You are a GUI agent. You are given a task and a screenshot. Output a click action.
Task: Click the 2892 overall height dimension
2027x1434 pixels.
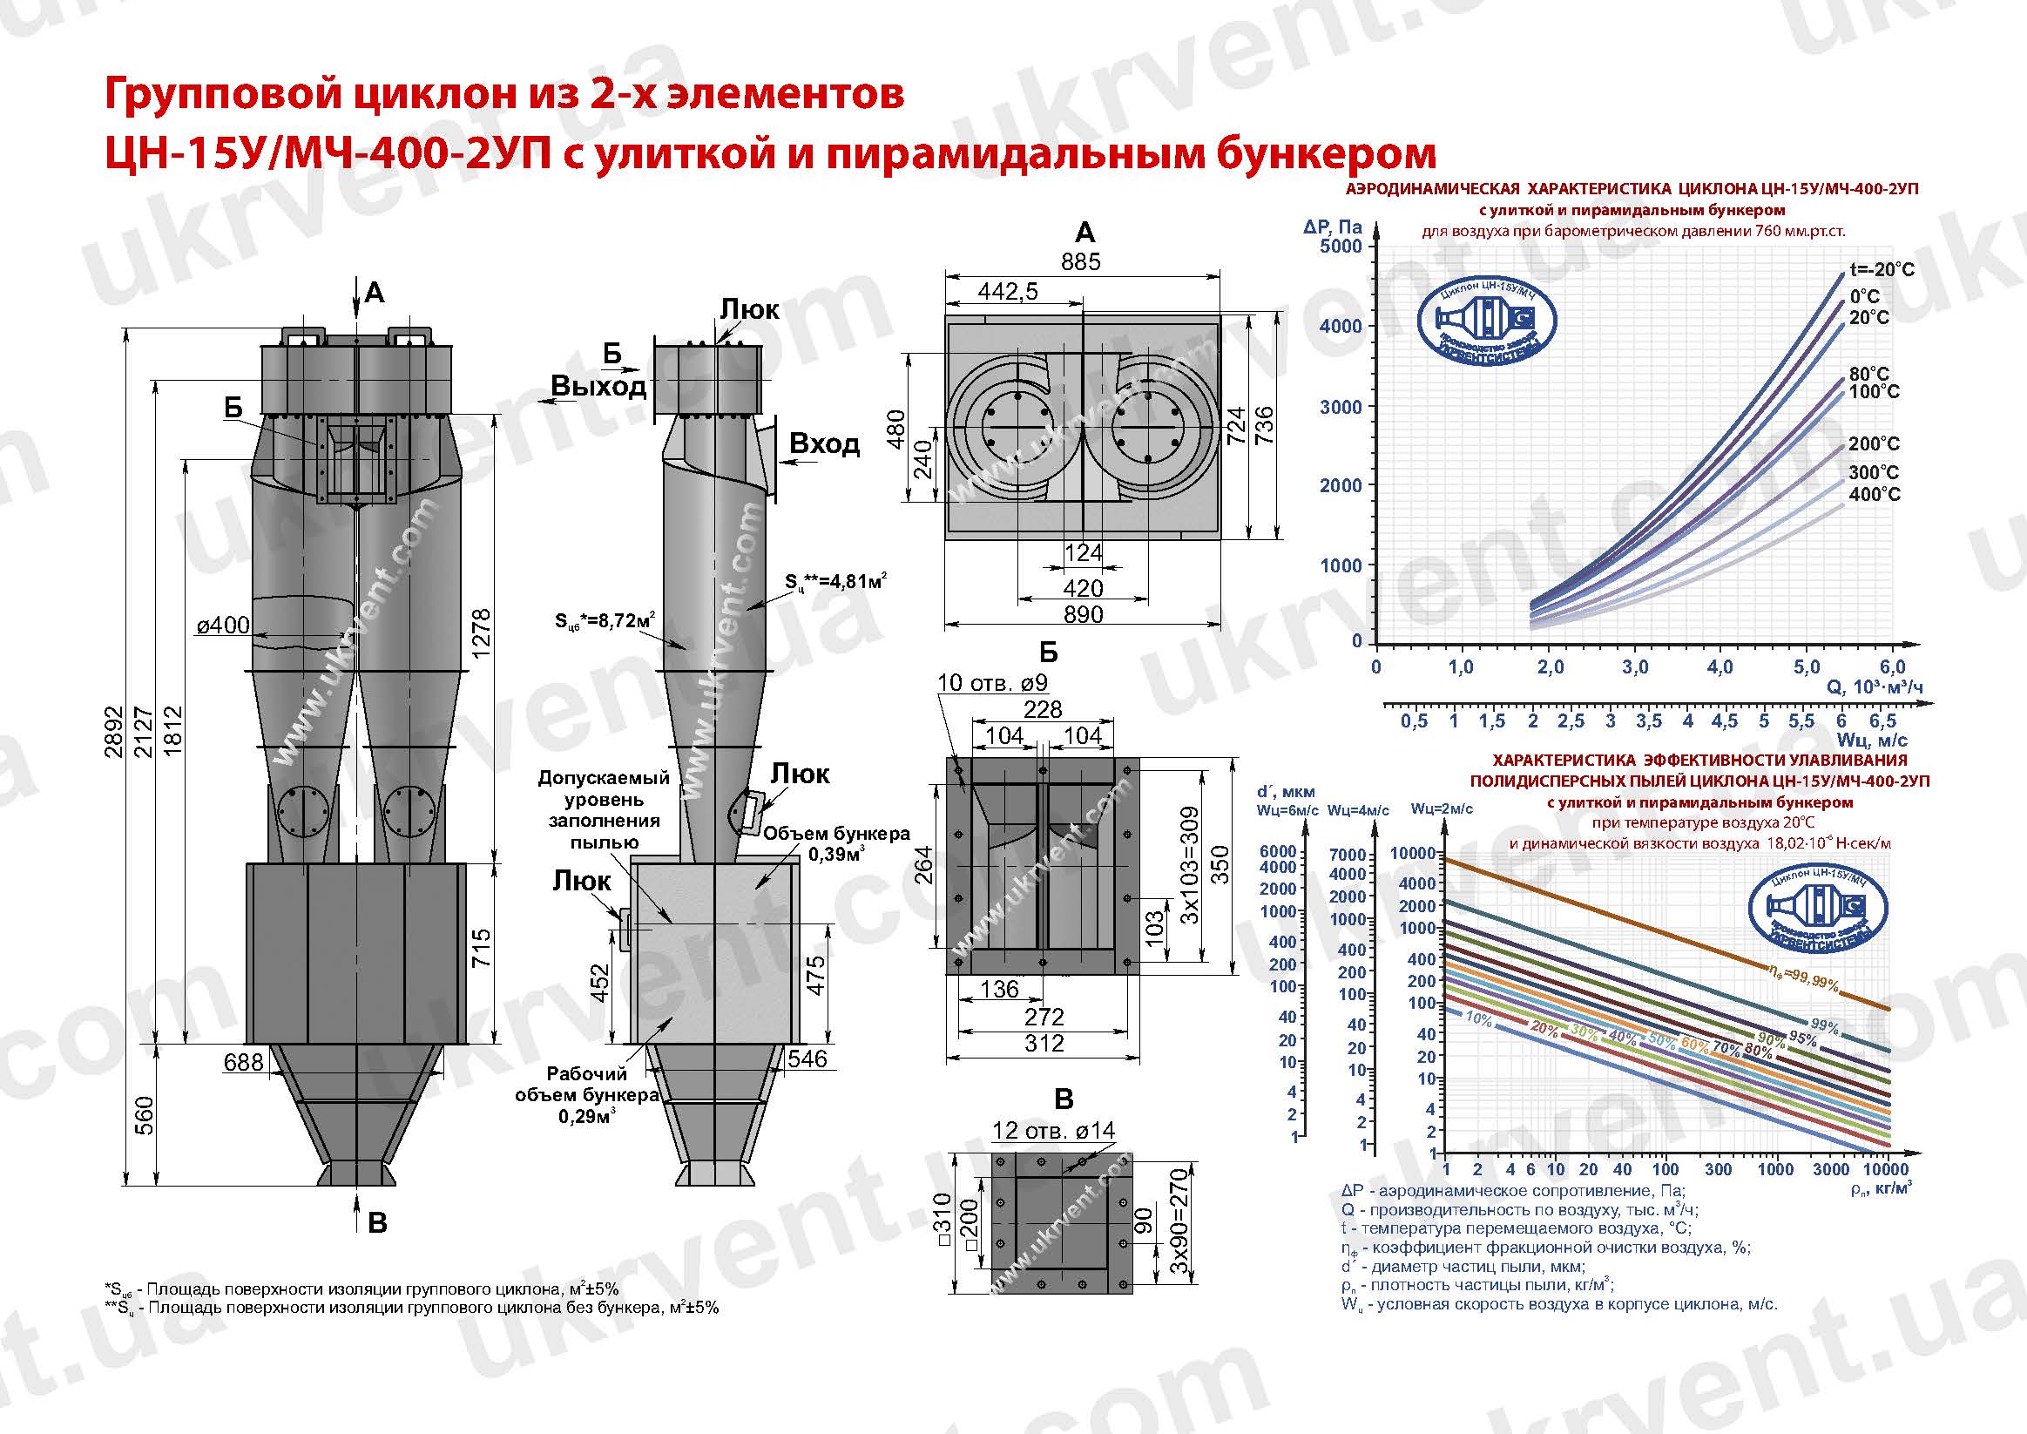coord(113,732)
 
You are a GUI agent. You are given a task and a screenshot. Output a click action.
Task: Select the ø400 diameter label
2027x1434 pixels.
coord(222,626)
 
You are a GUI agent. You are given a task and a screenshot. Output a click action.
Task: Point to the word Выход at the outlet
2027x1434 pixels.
coord(598,387)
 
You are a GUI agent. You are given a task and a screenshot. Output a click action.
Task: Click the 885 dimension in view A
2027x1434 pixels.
coord(1081,262)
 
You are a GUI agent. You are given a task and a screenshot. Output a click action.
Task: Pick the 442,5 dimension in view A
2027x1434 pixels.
coord(1008,291)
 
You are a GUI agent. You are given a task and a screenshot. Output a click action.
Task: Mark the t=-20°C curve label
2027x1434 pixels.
coord(1882,269)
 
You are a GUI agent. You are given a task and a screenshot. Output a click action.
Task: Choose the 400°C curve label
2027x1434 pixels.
coord(1874,495)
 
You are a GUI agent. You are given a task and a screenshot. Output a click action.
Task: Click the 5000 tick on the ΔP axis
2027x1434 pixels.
coord(1340,247)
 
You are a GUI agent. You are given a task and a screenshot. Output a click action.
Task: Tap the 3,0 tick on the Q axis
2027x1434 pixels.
coord(1634,667)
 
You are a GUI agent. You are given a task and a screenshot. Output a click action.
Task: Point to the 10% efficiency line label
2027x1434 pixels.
coord(1478,1021)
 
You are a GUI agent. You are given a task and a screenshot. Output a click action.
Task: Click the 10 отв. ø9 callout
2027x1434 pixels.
coord(991,682)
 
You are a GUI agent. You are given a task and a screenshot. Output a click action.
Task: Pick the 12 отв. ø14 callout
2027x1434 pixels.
coord(1053,1130)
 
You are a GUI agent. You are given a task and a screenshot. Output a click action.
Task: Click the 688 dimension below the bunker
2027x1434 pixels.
coord(243,1062)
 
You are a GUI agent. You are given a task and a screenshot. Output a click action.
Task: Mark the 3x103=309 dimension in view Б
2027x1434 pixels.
coord(1189,864)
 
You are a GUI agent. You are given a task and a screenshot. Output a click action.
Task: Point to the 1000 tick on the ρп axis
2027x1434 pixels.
coord(1774,1169)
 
